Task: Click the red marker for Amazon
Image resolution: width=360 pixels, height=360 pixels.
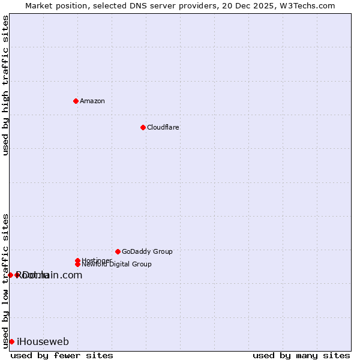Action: (76, 101)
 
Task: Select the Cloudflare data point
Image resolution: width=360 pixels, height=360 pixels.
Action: (143, 127)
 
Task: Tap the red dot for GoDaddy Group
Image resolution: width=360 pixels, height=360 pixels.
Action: (118, 251)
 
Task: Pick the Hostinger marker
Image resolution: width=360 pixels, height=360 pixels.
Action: (77, 260)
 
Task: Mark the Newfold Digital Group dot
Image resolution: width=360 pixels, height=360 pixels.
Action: (77, 264)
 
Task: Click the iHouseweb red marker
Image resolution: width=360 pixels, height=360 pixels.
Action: (11, 341)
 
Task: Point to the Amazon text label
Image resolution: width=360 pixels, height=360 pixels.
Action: (92, 101)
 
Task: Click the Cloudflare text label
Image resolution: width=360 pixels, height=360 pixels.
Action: (163, 127)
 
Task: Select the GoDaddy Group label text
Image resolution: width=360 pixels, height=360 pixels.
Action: (147, 251)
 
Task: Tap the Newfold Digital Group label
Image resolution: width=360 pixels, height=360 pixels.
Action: (117, 265)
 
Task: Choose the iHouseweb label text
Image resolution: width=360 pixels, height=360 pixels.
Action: (43, 342)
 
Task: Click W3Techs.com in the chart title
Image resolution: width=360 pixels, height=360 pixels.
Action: (305, 5)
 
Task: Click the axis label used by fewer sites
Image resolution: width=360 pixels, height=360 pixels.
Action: (62, 355)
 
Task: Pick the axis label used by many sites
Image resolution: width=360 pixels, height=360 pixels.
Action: (301, 355)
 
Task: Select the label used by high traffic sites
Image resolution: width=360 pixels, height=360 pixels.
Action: (5, 85)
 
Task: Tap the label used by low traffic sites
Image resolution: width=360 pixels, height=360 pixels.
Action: (5, 281)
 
